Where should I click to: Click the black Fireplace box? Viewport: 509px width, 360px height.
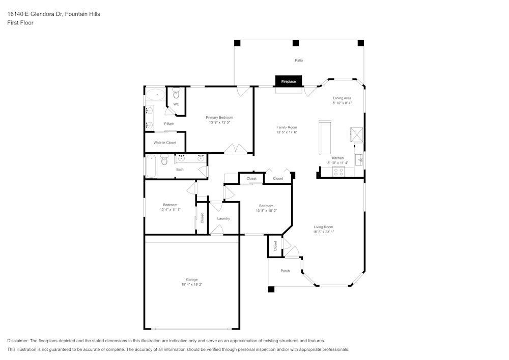click(289, 81)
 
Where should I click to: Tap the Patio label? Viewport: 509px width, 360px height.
click(299, 61)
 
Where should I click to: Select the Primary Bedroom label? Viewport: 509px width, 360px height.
click(219, 118)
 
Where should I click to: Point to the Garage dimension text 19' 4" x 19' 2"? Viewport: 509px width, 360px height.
click(191, 285)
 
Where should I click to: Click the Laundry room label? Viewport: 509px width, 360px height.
click(223, 218)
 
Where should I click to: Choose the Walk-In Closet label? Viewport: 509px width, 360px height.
click(165, 143)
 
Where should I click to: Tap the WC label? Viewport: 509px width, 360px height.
click(176, 104)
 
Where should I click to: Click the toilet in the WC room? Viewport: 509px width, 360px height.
click(176, 94)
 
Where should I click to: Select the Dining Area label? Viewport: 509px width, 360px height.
click(342, 98)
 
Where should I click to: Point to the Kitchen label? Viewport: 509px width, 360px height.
click(338, 158)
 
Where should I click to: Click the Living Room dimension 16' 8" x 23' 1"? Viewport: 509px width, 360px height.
click(323, 232)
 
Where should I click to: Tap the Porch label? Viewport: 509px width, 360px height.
click(285, 271)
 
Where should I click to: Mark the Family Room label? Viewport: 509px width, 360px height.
click(287, 127)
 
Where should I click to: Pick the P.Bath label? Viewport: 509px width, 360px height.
click(169, 124)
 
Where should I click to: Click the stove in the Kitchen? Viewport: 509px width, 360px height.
click(339, 172)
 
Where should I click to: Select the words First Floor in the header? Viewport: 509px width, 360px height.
click(20, 23)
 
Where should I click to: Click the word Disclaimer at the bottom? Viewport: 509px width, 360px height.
click(18, 341)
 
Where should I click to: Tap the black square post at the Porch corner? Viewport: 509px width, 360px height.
click(271, 289)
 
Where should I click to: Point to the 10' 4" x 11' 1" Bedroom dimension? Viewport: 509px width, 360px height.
click(170, 209)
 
